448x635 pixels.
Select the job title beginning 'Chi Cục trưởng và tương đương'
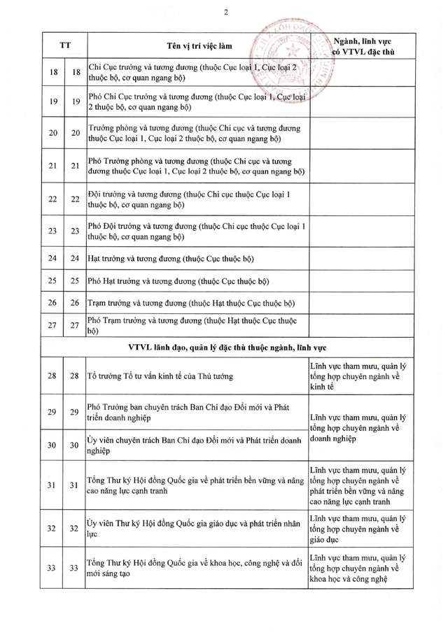[x=197, y=73]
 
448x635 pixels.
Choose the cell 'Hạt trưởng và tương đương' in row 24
[x=171, y=259]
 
